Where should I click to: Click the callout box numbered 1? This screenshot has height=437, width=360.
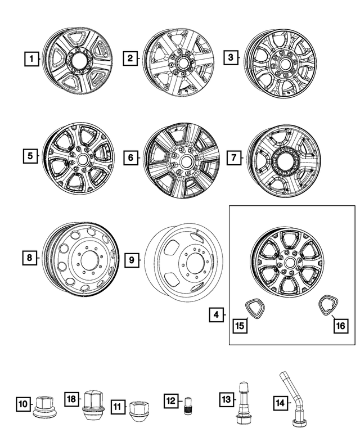point(32,58)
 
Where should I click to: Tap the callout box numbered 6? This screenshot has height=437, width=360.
point(130,158)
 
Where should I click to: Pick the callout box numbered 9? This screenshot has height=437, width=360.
point(130,260)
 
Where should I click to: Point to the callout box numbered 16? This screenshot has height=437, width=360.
point(340,326)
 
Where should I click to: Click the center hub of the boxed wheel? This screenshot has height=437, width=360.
point(290,262)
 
